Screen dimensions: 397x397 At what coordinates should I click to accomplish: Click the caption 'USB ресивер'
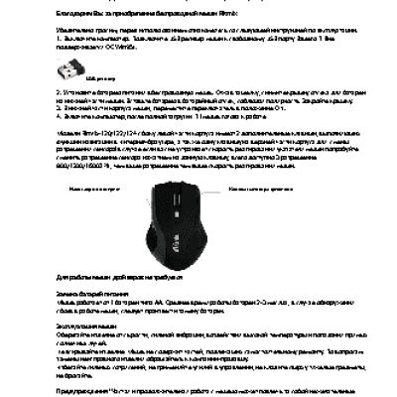pyautogui.click(x=97, y=74)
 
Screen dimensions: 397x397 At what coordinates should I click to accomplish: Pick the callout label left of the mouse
pyautogui.click(x=86, y=186)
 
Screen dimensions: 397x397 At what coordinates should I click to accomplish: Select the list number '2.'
pyautogui.click(x=60, y=89)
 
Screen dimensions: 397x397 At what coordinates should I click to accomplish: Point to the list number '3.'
pyautogui.click(x=60, y=103)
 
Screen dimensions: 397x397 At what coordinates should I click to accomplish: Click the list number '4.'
pyautogui.click(x=60, y=111)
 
